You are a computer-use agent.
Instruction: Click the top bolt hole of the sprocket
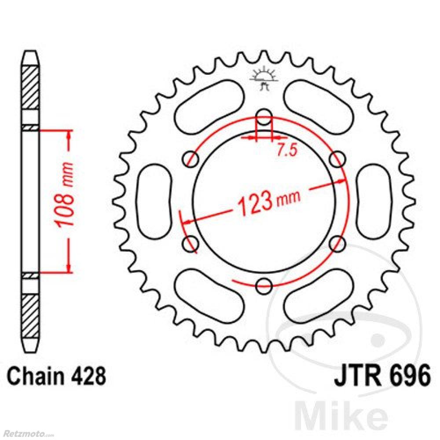tap(264, 117)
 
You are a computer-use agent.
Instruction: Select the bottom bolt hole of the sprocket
tap(264, 286)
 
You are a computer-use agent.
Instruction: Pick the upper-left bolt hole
tap(191, 159)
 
